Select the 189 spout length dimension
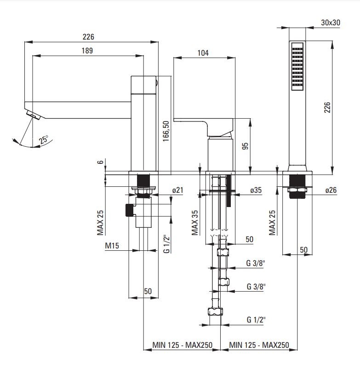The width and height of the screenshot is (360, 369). (88, 51)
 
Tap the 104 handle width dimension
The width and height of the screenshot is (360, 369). (203, 53)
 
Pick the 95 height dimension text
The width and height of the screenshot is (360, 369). (245, 146)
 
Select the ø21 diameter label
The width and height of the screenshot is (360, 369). (177, 190)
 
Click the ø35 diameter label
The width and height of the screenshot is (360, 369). (256, 190)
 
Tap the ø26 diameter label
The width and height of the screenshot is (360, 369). (331, 190)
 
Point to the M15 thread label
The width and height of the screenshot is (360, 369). (112, 246)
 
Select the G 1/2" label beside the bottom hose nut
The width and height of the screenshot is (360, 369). (256, 319)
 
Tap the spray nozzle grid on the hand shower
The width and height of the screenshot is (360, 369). (297, 66)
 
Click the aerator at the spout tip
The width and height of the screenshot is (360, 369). (33, 114)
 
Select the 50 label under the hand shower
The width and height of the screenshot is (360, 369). (303, 250)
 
